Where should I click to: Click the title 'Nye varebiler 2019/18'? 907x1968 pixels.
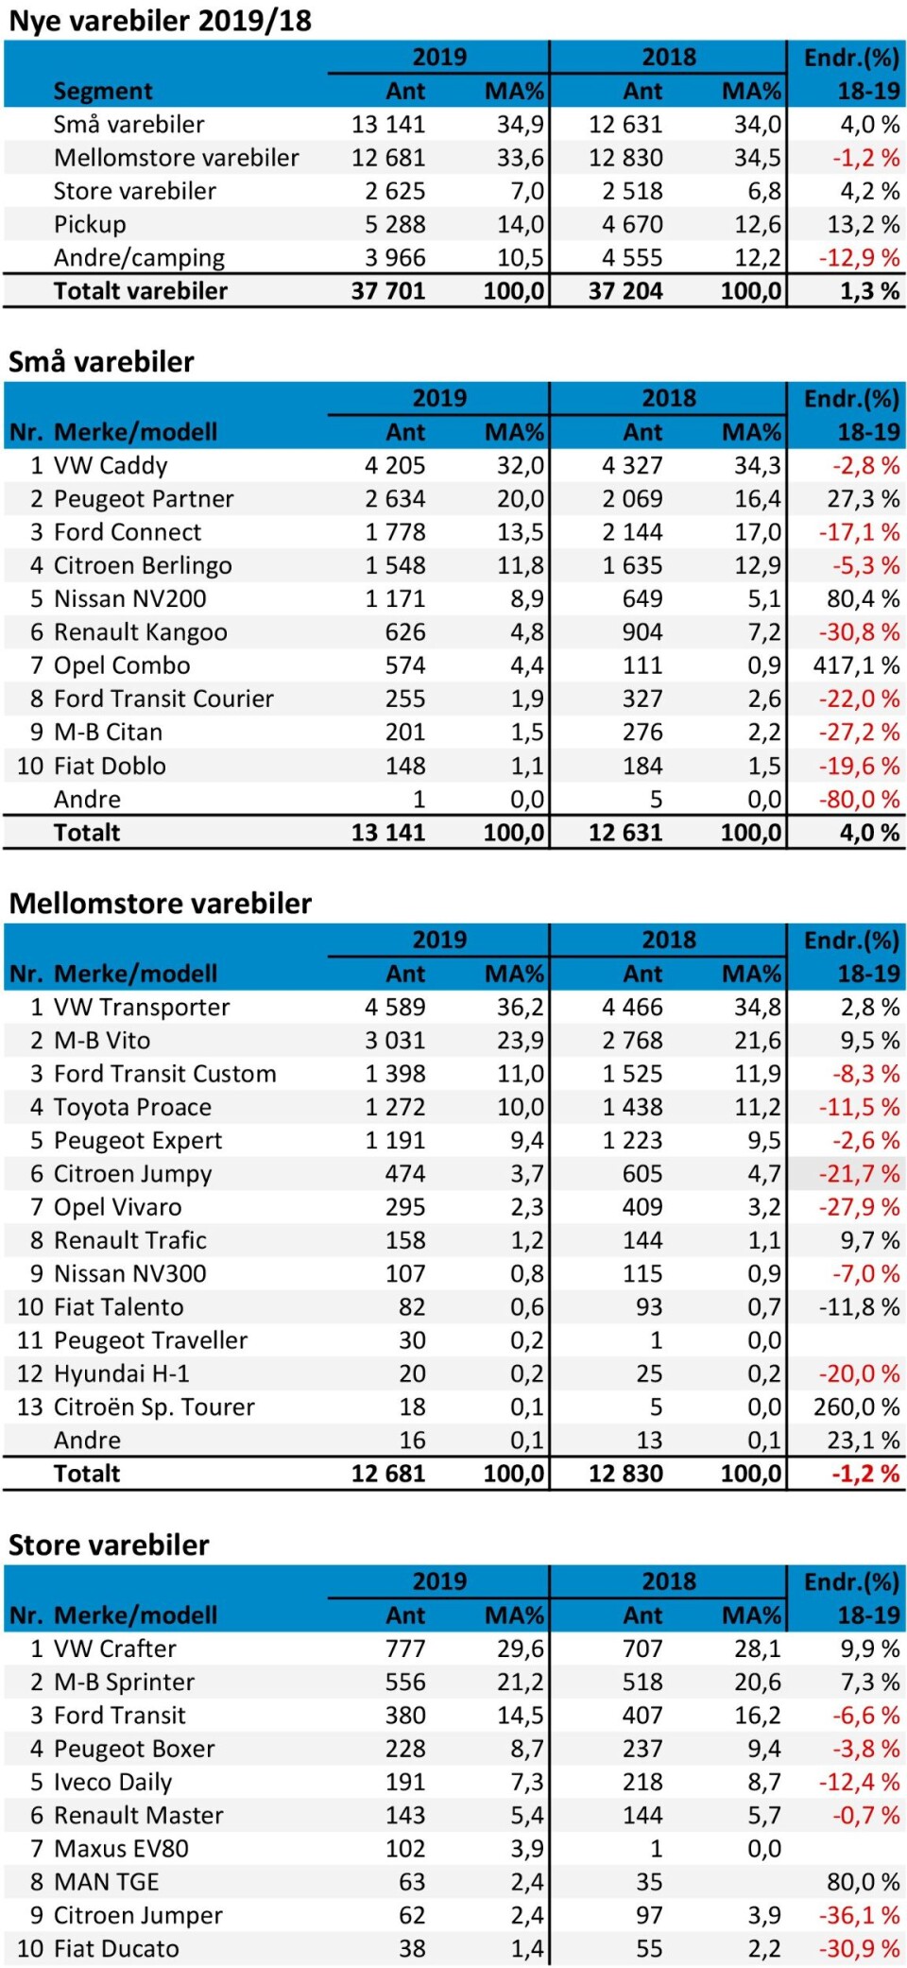click(x=160, y=21)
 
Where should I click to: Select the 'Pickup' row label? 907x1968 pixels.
click(x=90, y=225)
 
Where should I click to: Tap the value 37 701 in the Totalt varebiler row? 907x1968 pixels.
click(x=387, y=291)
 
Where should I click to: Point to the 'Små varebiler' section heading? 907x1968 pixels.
click(x=101, y=362)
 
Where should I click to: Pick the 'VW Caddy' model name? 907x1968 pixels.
click(x=111, y=466)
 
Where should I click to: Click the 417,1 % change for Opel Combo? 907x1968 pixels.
click(x=856, y=665)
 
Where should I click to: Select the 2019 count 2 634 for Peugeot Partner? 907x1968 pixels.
click(x=395, y=499)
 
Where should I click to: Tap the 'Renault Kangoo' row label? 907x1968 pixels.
click(x=140, y=632)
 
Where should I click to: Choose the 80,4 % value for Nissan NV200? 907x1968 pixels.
click(x=863, y=599)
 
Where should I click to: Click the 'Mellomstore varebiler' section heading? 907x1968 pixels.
click(x=160, y=904)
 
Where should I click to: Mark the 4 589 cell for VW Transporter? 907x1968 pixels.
click(x=395, y=1008)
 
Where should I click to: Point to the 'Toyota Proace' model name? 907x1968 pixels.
click(x=132, y=1107)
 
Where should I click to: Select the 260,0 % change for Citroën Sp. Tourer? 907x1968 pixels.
click(x=856, y=1407)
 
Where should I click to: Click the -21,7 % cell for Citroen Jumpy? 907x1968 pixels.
click(x=859, y=1174)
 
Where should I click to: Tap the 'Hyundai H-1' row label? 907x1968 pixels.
click(x=121, y=1373)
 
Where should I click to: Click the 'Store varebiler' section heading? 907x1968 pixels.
click(x=109, y=1545)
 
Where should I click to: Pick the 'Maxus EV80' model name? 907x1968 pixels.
click(x=121, y=1849)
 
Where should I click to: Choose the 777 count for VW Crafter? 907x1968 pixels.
click(x=405, y=1649)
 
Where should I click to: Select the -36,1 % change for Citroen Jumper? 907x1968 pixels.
click(x=859, y=1915)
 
